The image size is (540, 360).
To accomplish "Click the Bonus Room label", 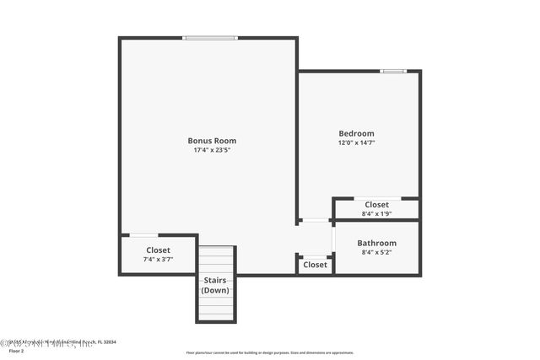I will point(211,141).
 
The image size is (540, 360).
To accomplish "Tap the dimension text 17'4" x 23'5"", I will point(211,150).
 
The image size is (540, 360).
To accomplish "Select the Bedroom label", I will point(356,133).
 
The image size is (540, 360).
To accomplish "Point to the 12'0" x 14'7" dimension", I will point(356,142).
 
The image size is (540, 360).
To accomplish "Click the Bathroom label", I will point(376,243).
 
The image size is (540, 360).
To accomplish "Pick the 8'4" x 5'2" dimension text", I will point(376,252).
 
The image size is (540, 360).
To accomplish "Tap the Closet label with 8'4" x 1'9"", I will point(376,205).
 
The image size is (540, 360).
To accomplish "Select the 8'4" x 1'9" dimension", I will point(376,214).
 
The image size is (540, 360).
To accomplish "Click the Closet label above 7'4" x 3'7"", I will point(158,250).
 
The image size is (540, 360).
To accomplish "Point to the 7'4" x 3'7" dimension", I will point(158,260).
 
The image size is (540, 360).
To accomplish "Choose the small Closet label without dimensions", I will point(315,265).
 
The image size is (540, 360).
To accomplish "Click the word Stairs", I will point(214,280).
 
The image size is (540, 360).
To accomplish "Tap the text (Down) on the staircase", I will point(214,290).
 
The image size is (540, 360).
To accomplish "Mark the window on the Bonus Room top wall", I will point(210,38).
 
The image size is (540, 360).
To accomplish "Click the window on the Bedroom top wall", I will point(393,71).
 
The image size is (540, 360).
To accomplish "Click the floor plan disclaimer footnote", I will point(269,352).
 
